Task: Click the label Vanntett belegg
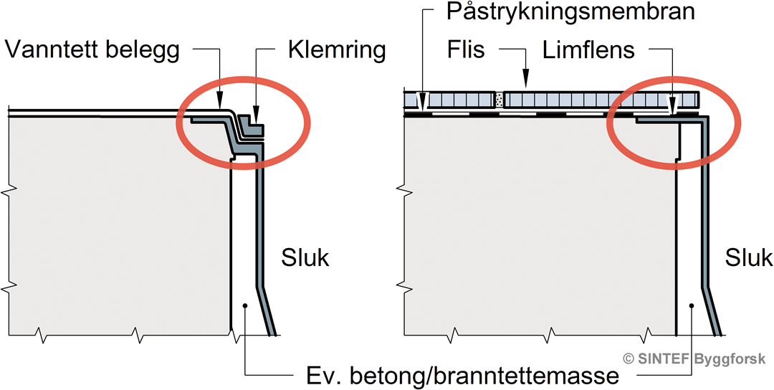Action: click(94, 49)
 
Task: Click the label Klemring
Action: click(337, 49)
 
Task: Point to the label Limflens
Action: click(589, 49)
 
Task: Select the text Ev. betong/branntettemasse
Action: click(459, 375)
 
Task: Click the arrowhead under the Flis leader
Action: click(525, 84)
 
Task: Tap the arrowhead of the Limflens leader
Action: click(672, 108)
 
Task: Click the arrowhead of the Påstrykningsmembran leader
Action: click(423, 106)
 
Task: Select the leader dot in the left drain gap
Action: click(244, 306)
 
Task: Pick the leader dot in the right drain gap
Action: click(691, 306)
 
